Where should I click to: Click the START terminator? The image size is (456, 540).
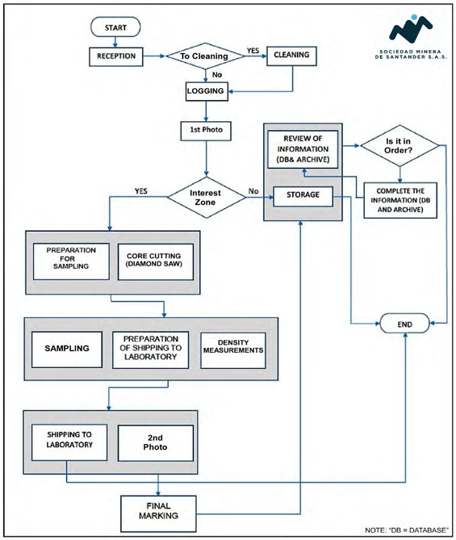pos(115,27)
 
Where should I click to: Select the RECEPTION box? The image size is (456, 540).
pos(116,57)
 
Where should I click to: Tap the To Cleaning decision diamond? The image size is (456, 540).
pos(206,56)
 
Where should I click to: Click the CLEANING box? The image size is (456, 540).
pos(291,56)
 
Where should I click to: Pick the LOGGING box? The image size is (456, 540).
pos(207,91)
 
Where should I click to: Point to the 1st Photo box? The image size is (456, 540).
pos(206,131)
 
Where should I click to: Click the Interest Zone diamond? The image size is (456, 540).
pos(207,197)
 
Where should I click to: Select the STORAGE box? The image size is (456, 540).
pos(303,196)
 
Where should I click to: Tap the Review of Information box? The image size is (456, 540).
pos(303,149)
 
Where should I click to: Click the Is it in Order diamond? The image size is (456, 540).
pos(400,145)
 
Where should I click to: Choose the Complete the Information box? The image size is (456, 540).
pos(400,200)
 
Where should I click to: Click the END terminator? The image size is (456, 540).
pos(404,324)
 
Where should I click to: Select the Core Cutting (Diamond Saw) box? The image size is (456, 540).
pos(156,262)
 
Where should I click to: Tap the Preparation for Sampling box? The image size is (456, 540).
pos(71,262)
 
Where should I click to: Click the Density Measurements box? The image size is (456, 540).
pos(233,350)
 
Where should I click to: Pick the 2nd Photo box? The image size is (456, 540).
pos(156,443)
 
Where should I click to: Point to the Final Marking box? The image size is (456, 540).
pos(158,514)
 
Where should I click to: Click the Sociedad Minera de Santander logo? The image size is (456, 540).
pos(411,37)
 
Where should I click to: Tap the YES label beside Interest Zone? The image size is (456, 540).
pos(141,190)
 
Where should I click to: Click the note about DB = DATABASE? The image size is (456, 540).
pos(407,530)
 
